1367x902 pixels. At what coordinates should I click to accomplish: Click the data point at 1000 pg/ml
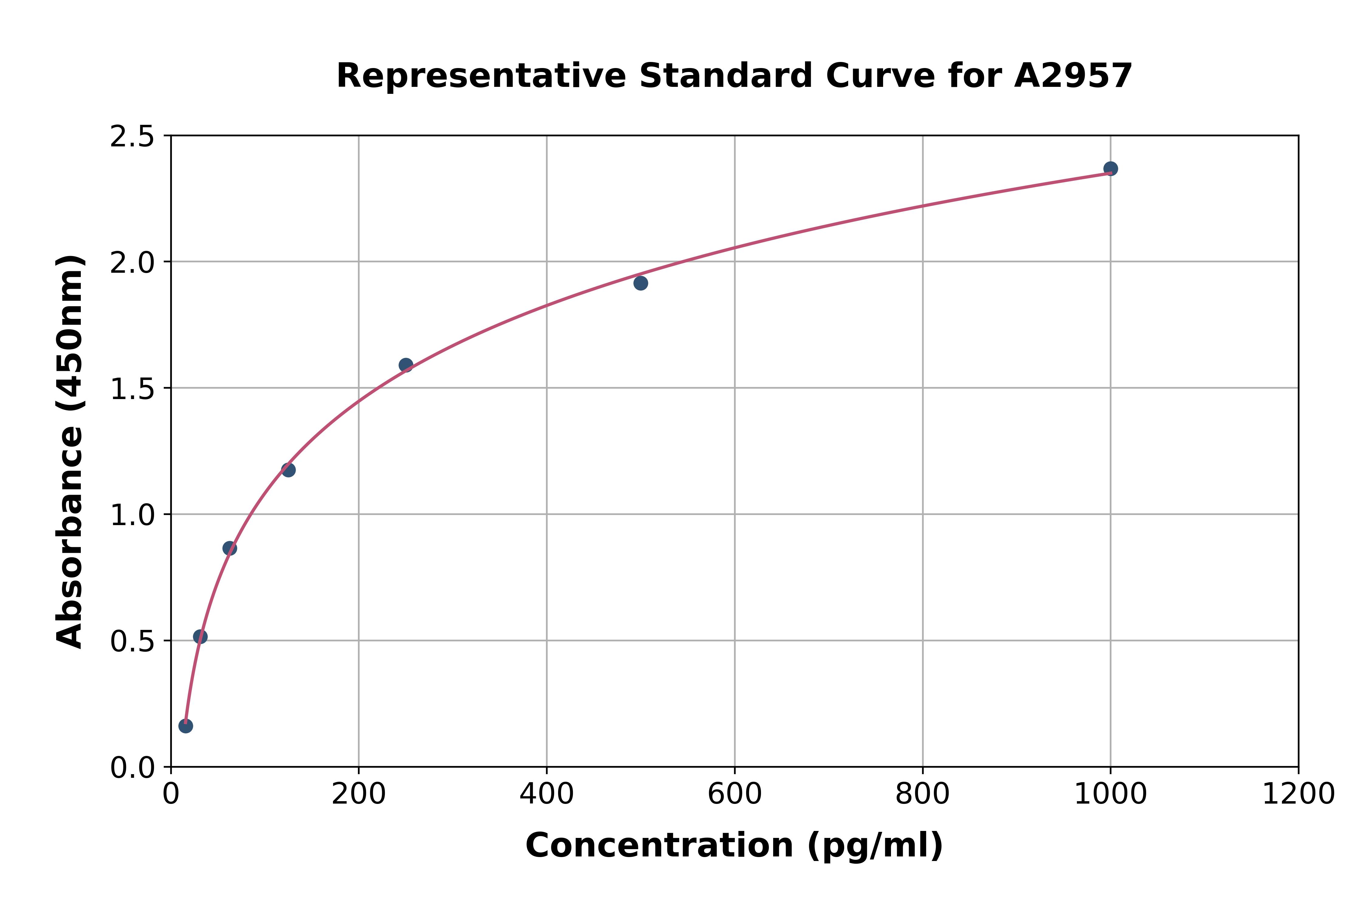click(1110, 169)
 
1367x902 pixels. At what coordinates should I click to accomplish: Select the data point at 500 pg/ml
click(640, 283)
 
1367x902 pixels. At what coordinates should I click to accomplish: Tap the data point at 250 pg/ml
click(406, 365)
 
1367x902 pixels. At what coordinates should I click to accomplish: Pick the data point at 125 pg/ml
click(288, 470)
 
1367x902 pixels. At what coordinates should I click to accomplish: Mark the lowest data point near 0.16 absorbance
click(185, 726)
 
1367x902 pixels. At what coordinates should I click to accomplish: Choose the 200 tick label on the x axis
click(358, 794)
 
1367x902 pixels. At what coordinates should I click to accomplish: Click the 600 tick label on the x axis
click(735, 794)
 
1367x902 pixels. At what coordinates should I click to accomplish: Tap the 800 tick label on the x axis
click(922, 794)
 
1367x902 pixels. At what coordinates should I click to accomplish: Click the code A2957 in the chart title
click(1073, 76)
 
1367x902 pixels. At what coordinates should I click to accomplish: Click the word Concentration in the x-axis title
click(659, 846)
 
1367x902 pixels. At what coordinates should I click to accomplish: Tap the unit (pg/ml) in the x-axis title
click(875, 846)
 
